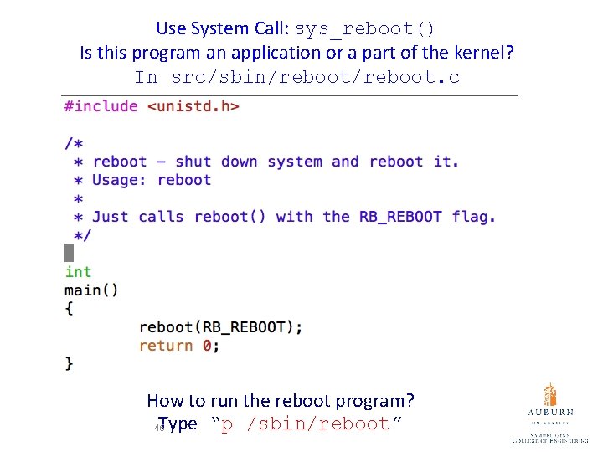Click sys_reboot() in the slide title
pos(365,28)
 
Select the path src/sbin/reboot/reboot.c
pos(315,78)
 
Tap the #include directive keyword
pos(101,106)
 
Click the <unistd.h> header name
pos(193,106)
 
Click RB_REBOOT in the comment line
pos(400,217)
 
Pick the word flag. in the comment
pos(474,217)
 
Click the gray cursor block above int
pos(69,252)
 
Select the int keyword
pos(78,272)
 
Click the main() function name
pos(91,290)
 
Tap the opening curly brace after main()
pos(69,309)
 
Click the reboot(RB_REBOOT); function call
pos(221,327)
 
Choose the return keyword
pos(166,346)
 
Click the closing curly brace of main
pos(69,363)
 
